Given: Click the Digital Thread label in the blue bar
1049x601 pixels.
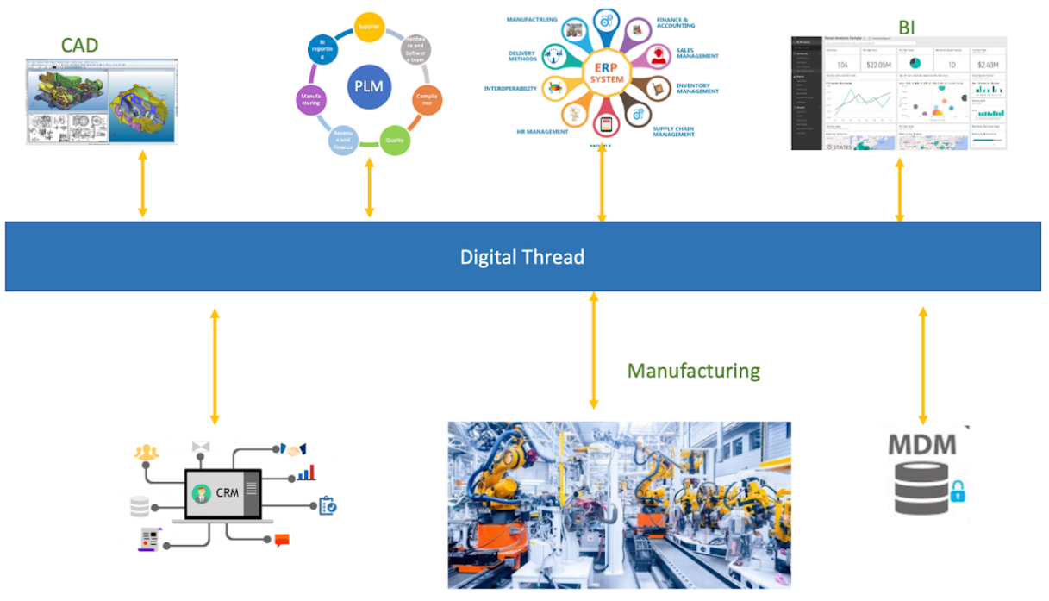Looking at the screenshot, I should [x=522, y=257].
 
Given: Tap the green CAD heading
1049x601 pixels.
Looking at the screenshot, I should [x=79, y=44].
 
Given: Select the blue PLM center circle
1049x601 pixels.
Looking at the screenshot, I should [x=369, y=87].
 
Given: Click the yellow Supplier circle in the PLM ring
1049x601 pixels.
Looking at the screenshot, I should [x=369, y=27].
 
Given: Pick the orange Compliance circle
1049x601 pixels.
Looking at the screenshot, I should [x=426, y=100].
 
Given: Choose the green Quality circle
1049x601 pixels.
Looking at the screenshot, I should [x=395, y=140].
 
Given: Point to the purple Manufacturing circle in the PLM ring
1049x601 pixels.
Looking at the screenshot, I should [x=311, y=100].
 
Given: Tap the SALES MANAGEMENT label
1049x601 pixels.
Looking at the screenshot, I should [x=696, y=53].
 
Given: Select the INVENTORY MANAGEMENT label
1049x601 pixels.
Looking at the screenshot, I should [x=697, y=88].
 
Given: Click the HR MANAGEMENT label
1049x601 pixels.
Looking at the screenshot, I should [x=542, y=132].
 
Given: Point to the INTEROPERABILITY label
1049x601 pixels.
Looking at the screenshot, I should [x=510, y=89].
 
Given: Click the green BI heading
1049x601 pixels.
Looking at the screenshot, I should [x=907, y=27].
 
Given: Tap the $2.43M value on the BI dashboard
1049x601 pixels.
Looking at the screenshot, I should [x=988, y=66].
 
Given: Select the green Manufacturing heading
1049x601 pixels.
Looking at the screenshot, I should [x=694, y=371].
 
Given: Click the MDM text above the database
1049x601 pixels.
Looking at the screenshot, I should [x=921, y=445].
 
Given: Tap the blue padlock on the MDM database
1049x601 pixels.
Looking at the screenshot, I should [x=958, y=492].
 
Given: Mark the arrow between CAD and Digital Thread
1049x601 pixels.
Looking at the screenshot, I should [x=143, y=185].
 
